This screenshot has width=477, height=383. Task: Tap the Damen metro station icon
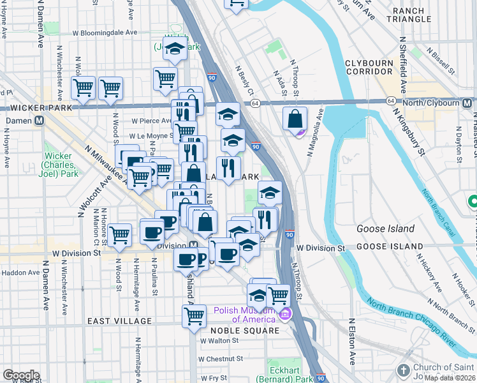click(x=40, y=120)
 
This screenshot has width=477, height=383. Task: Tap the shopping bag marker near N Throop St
click(x=295, y=119)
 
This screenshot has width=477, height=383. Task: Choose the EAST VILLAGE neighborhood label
click(x=120, y=321)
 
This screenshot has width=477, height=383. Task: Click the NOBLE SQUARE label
click(x=252, y=331)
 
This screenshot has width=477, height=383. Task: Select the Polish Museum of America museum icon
click(x=284, y=314)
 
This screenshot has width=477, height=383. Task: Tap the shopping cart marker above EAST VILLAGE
click(x=194, y=315)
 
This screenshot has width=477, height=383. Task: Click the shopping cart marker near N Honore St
click(x=119, y=235)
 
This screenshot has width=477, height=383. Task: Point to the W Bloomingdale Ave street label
click(x=105, y=32)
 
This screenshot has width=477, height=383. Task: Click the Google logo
click(x=20, y=375)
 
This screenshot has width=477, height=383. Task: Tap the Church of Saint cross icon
click(x=402, y=370)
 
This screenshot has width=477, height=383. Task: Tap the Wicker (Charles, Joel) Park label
click(x=61, y=165)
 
